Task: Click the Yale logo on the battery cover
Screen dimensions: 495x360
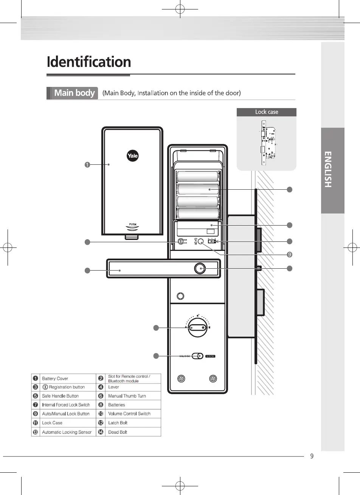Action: pos(132,155)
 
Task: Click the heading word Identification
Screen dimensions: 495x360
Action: pos(89,62)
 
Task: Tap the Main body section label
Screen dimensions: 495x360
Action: pos(74,93)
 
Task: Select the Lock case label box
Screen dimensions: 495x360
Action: pos(266,112)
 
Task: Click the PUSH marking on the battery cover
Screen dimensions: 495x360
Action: pos(133,224)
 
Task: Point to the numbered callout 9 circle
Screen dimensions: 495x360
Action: pos(289,254)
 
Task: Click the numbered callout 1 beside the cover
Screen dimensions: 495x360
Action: pos(87,164)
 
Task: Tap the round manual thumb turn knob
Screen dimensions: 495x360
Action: pos(198,327)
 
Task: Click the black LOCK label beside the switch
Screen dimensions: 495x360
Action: pos(210,356)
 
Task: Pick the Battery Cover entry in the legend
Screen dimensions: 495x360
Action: pos(55,379)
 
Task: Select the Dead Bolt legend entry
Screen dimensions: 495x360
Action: pos(118,432)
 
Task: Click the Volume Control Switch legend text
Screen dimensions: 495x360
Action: pos(129,414)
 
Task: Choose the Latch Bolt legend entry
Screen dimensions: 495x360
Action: pos(118,423)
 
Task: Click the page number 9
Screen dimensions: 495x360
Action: pos(312,456)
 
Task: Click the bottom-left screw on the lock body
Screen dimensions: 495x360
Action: pos(181,379)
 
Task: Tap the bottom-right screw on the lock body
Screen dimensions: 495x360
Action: pos(213,379)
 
